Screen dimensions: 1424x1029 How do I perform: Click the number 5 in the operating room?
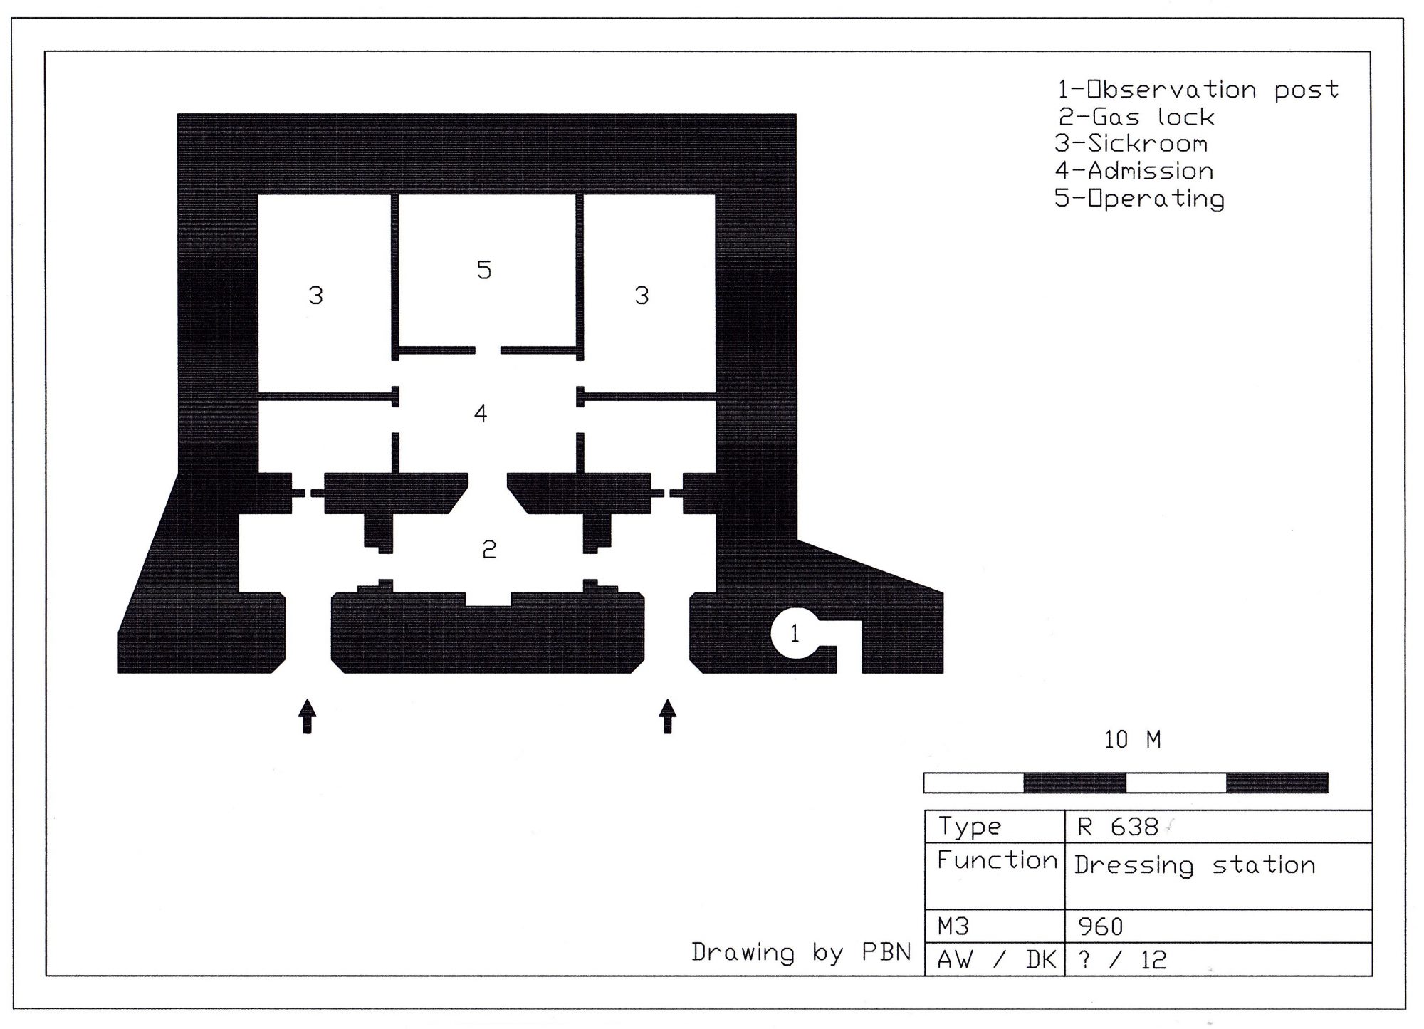pyautogui.click(x=484, y=270)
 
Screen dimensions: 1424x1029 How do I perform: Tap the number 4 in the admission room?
pyautogui.click(x=481, y=413)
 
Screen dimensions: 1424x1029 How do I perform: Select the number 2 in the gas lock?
pyautogui.click(x=488, y=549)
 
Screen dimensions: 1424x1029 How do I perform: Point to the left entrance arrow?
pyautogui.click(x=307, y=716)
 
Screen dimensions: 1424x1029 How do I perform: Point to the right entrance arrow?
pyautogui.click(x=667, y=716)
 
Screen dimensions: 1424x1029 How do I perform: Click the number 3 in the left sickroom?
pyautogui.click(x=315, y=295)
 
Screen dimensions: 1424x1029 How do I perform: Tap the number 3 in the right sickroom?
pyautogui.click(x=642, y=295)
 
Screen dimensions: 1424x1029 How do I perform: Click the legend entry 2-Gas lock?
pyautogui.click(x=1136, y=117)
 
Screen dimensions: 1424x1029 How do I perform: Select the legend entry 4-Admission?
pyautogui.click(x=1134, y=171)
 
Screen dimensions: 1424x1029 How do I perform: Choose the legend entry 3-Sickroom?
pyautogui.click(x=1131, y=144)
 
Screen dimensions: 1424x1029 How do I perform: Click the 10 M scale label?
pyautogui.click(x=1132, y=740)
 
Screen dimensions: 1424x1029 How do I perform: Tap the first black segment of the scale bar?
pyautogui.click(x=1074, y=783)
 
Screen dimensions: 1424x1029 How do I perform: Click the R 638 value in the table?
pyautogui.click(x=1118, y=827)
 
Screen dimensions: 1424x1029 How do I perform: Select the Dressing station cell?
pyautogui.click(x=1195, y=865)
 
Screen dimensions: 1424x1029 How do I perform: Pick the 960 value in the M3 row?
pyautogui.click(x=1100, y=926)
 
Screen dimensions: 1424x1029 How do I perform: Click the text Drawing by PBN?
pyautogui.click(x=802, y=953)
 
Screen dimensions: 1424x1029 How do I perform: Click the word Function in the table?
pyautogui.click(x=997, y=860)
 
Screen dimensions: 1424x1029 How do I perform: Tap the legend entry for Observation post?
pyautogui.click(x=1198, y=90)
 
